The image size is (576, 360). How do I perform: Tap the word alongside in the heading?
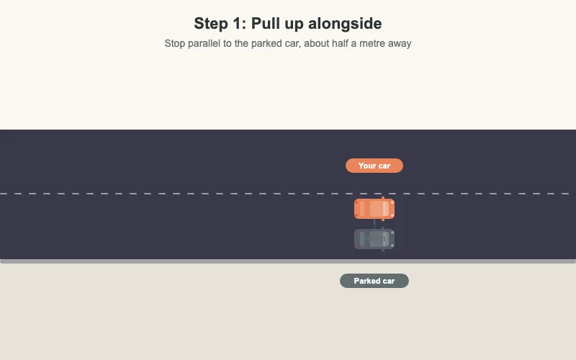click(345, 24)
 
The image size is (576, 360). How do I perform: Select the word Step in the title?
click(211, 24)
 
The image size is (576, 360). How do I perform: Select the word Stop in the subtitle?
click(175, 43)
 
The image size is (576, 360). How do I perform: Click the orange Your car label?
click(374, 166)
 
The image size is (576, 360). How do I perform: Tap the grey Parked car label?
click(374, 281)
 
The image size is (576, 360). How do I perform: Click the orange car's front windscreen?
click(386, 209)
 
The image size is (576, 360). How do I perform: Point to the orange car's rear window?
click(362, 209)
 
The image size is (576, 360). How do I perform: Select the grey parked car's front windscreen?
click(386, 240)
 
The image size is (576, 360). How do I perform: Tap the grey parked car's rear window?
click(362, 240)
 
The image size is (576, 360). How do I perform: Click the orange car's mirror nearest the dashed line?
click(383, 198)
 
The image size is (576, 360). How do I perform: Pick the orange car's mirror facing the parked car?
click(383, 220)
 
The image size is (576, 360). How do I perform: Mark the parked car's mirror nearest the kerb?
click(383, 250)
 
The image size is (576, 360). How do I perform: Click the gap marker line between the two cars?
click(374, 223)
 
